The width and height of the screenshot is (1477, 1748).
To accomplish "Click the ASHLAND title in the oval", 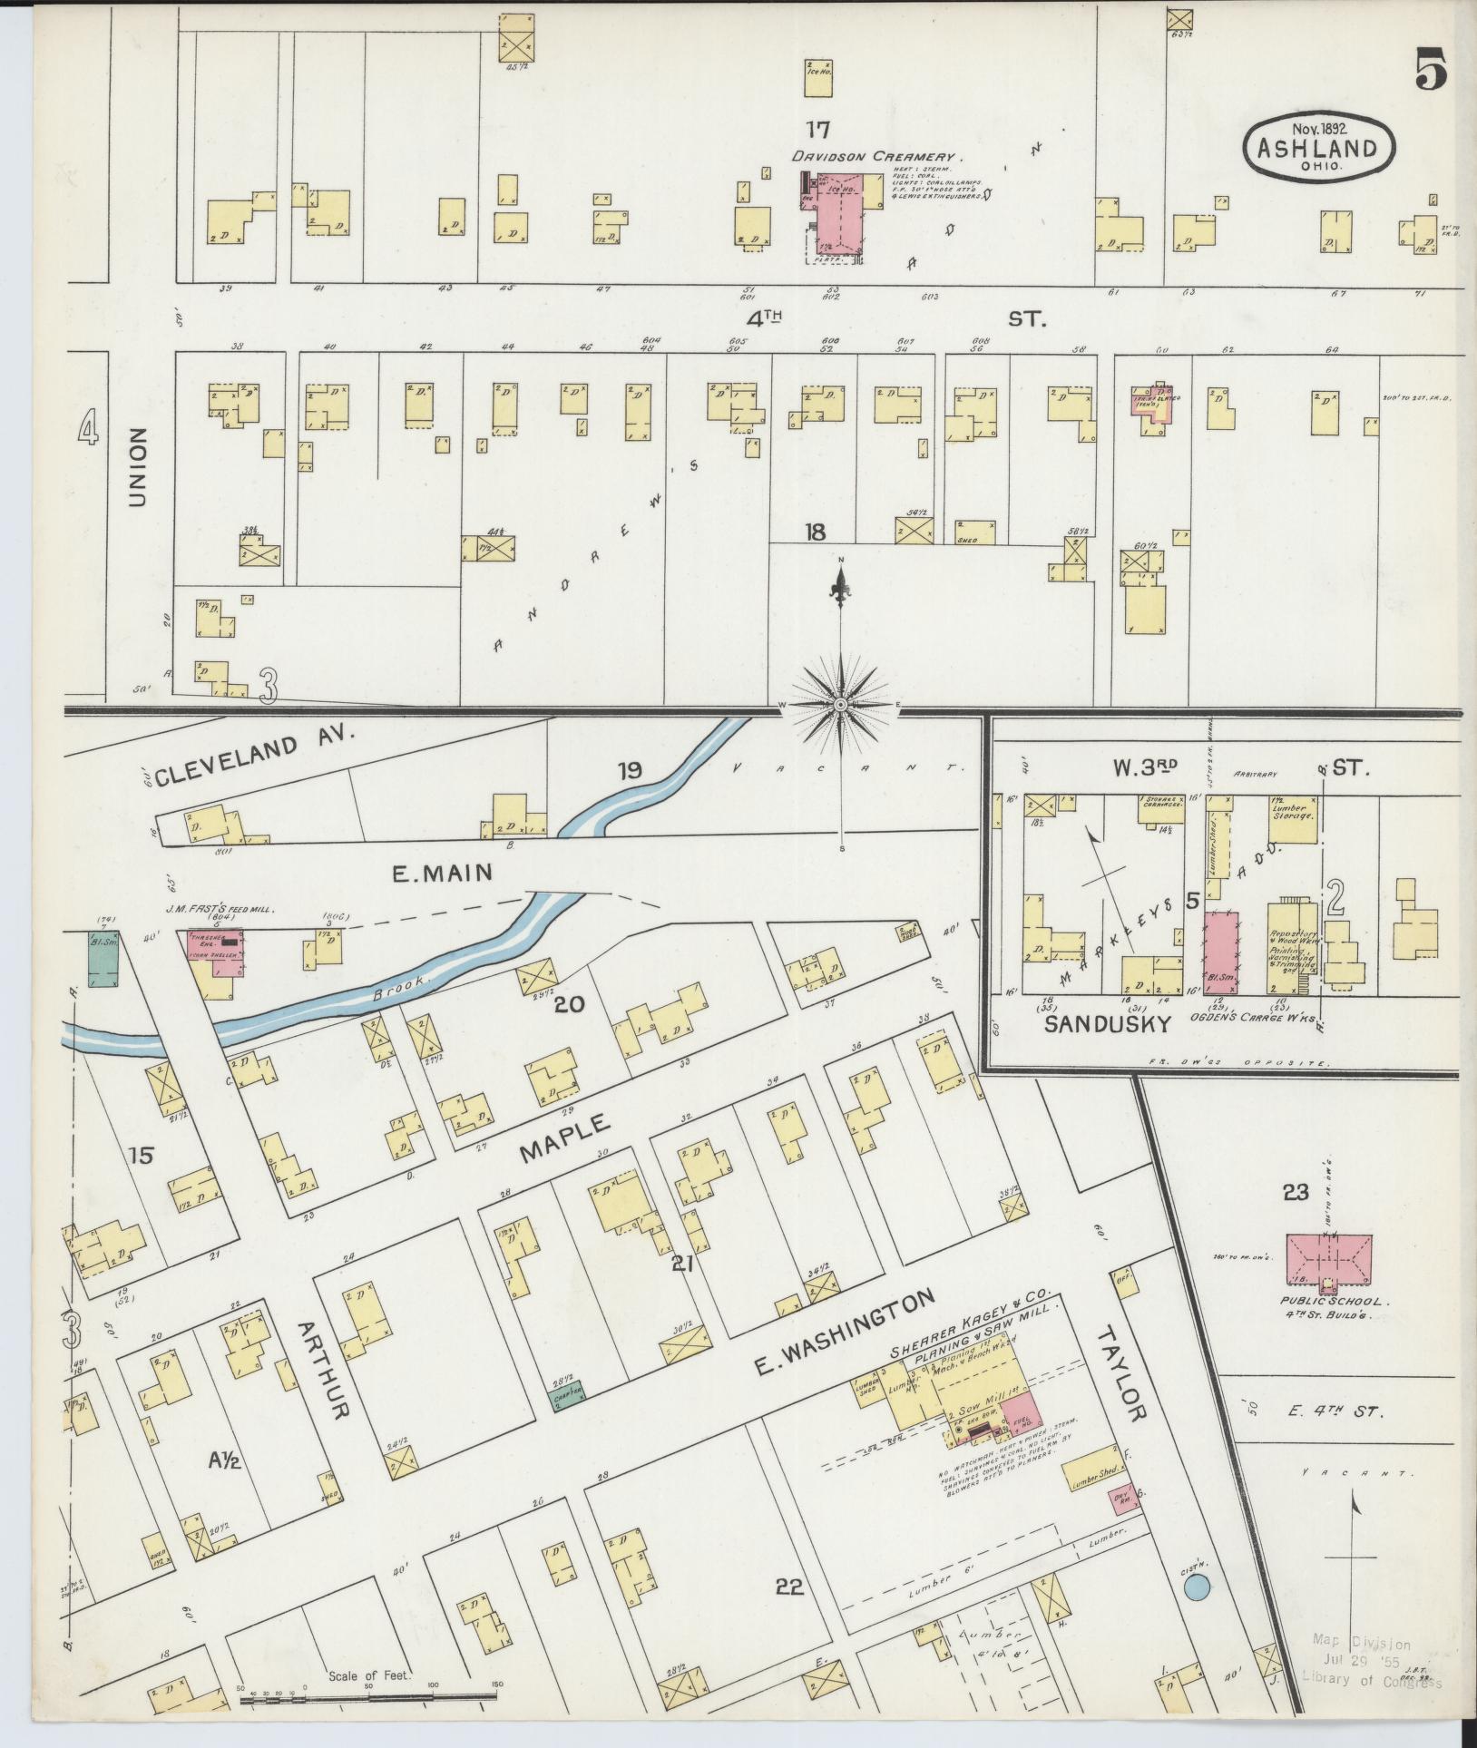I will point(1316,149).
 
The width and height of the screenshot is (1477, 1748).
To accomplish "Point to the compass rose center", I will point(841,705).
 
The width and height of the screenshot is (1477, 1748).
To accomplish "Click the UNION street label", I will point(137,468).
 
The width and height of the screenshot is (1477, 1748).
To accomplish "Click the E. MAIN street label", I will point(442,874).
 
